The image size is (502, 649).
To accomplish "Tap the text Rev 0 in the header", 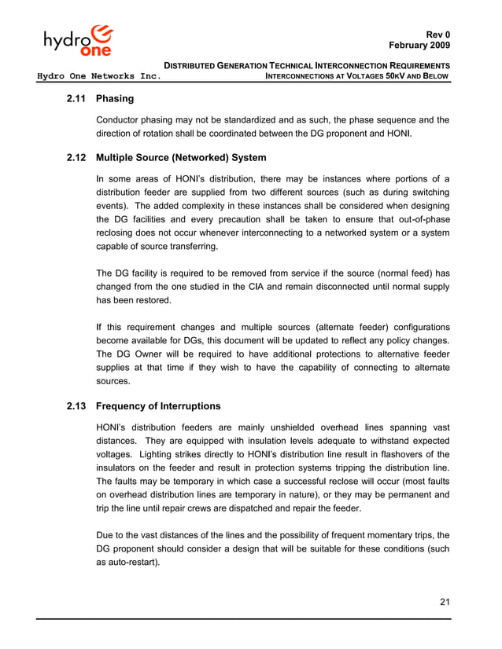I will click(x=438, y=35).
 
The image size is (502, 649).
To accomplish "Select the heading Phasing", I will click(x=115, y=99).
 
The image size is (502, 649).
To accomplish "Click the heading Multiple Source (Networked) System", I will click(x=181, y=158).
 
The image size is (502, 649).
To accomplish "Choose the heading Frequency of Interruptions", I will click(x=158, y=406).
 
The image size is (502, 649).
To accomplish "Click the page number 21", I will click(x=445, y=603).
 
